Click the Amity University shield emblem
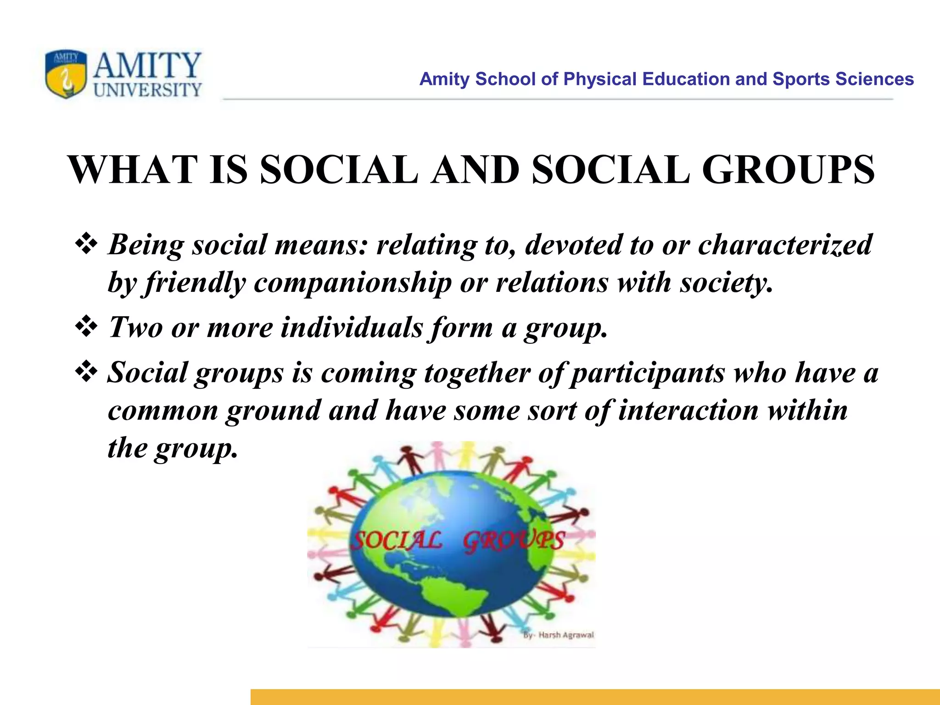(x=66, y=74)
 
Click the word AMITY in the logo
(x=147, y=66)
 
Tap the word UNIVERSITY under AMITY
(x=148, y=90)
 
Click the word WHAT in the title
(x=133, y=169)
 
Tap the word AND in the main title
(x=476, y=169)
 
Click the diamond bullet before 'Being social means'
(x=86, y=244)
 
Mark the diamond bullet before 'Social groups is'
(x=86, y=372)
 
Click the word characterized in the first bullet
(x=785, y=244)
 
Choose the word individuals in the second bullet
(x=352, y=327)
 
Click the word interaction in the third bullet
(x=688, y=409)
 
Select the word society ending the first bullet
(x=726, y=282)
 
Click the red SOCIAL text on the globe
(x=397, y=541)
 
